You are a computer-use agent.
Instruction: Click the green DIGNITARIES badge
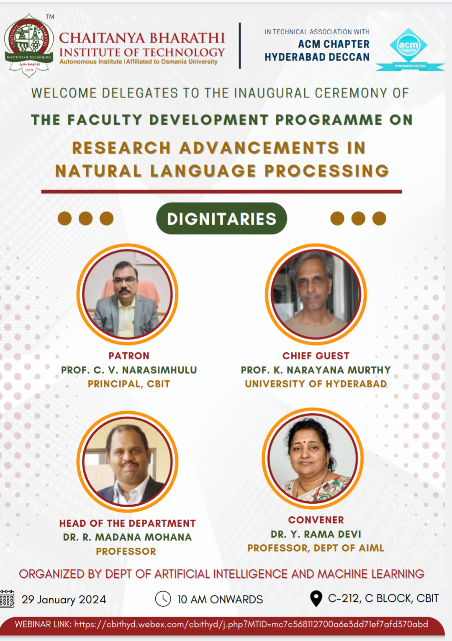[221, 219]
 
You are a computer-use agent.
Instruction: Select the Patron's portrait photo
[127, 294]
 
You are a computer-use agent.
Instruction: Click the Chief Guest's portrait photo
[316, 294]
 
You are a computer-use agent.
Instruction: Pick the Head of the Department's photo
[127, 461]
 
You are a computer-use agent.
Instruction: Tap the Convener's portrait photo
[313, 459]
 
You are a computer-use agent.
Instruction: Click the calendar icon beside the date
[7, 598]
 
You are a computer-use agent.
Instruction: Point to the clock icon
[163, 598]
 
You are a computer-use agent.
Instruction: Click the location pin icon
[316, 598]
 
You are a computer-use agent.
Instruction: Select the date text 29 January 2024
[64, 600]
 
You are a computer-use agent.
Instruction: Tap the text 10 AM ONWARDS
[220, 600]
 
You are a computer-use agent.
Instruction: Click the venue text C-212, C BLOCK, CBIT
[383, 598]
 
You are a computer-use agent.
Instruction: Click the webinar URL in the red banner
[251, 624]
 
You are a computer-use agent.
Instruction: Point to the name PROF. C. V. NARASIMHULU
[129, 370]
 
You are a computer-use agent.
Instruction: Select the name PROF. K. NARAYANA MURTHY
[316, 370]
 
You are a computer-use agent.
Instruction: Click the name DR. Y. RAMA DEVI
[316, 534]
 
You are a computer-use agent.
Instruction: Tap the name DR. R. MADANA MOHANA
[127, 537]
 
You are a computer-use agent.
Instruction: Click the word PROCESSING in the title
[326, 171]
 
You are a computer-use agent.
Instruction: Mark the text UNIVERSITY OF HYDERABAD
[316, 384]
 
